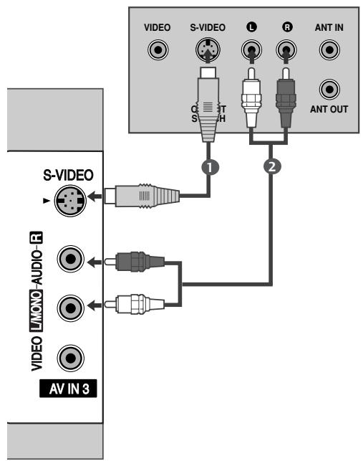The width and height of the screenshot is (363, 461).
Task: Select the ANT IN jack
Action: click(x=329, y=52)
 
